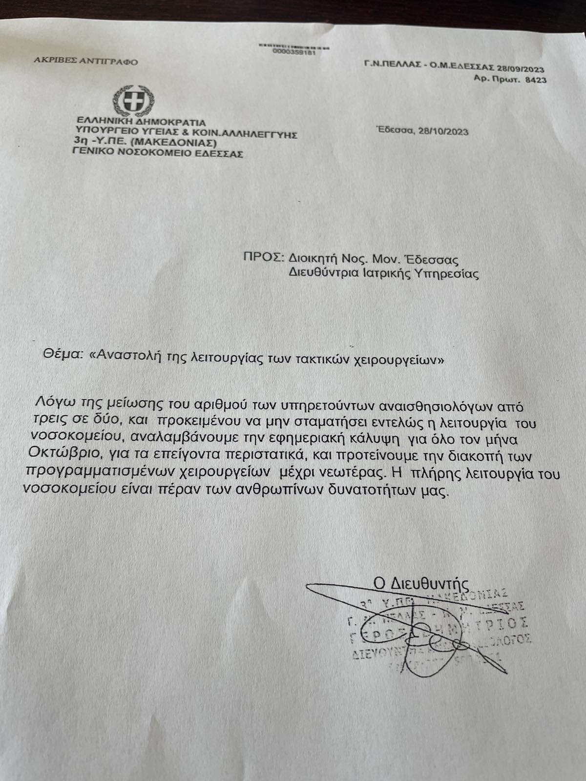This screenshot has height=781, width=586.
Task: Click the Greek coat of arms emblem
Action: click(x=133, y=101)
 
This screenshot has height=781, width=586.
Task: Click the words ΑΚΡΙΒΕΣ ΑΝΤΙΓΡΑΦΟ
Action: click(x=86, y=62)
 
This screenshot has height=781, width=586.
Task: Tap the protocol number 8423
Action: click(x=536, y=80)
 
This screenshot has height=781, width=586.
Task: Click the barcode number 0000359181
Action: click(x=294, y=52)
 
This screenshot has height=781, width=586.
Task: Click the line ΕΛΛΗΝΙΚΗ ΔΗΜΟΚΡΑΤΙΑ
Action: click(x=141, y=123)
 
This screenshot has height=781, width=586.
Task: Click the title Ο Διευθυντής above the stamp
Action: click(x=421, y=583)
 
